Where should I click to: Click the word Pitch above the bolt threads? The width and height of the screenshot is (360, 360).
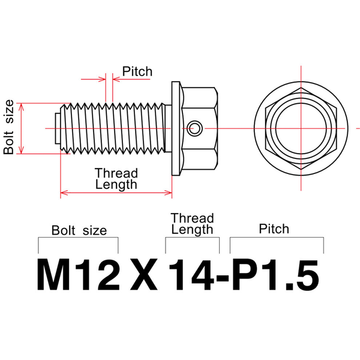click(x=137, y=71)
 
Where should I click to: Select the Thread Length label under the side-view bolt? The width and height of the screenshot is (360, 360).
click(x=116, y=179)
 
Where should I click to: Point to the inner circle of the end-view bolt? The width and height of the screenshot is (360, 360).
click(x=298, y=127)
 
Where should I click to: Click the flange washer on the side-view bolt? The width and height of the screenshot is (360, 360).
click(x=176, y=128)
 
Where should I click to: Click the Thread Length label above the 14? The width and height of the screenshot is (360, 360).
click(x=192, y=223)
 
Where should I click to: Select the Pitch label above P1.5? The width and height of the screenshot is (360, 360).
click(x=274, y=229)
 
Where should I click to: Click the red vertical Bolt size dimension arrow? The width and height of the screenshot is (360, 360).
click(x=22, y=128)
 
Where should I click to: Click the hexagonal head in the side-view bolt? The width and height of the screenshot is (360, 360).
click(x=200, y=128)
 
